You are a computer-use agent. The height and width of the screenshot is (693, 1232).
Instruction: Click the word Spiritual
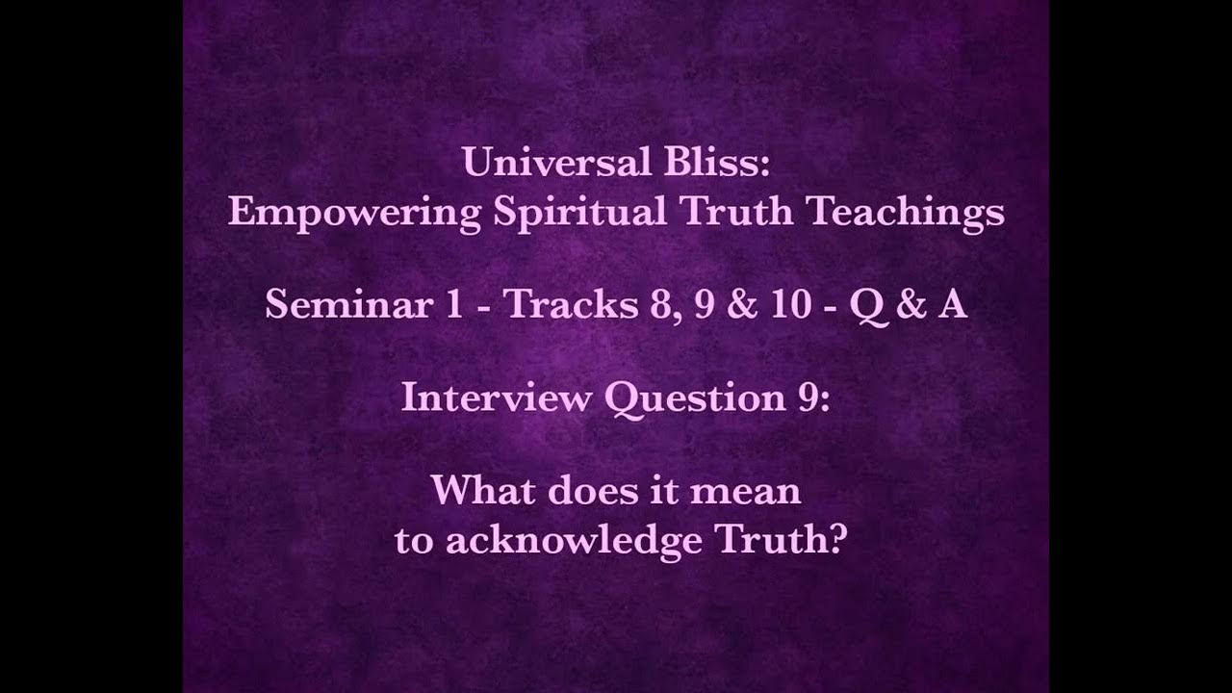[x=577, y=212]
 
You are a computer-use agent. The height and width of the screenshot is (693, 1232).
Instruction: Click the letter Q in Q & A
[x=869, y=306]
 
